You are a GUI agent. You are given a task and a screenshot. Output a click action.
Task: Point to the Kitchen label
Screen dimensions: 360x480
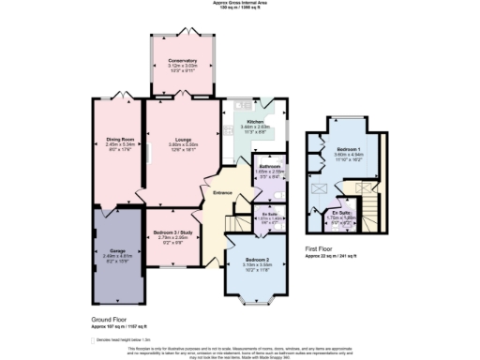tap(257, 122)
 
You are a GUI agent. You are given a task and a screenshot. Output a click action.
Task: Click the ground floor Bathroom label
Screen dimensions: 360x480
tap(270, 167)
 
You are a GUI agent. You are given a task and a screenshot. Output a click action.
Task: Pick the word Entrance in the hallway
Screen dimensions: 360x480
tap(222, 192)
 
